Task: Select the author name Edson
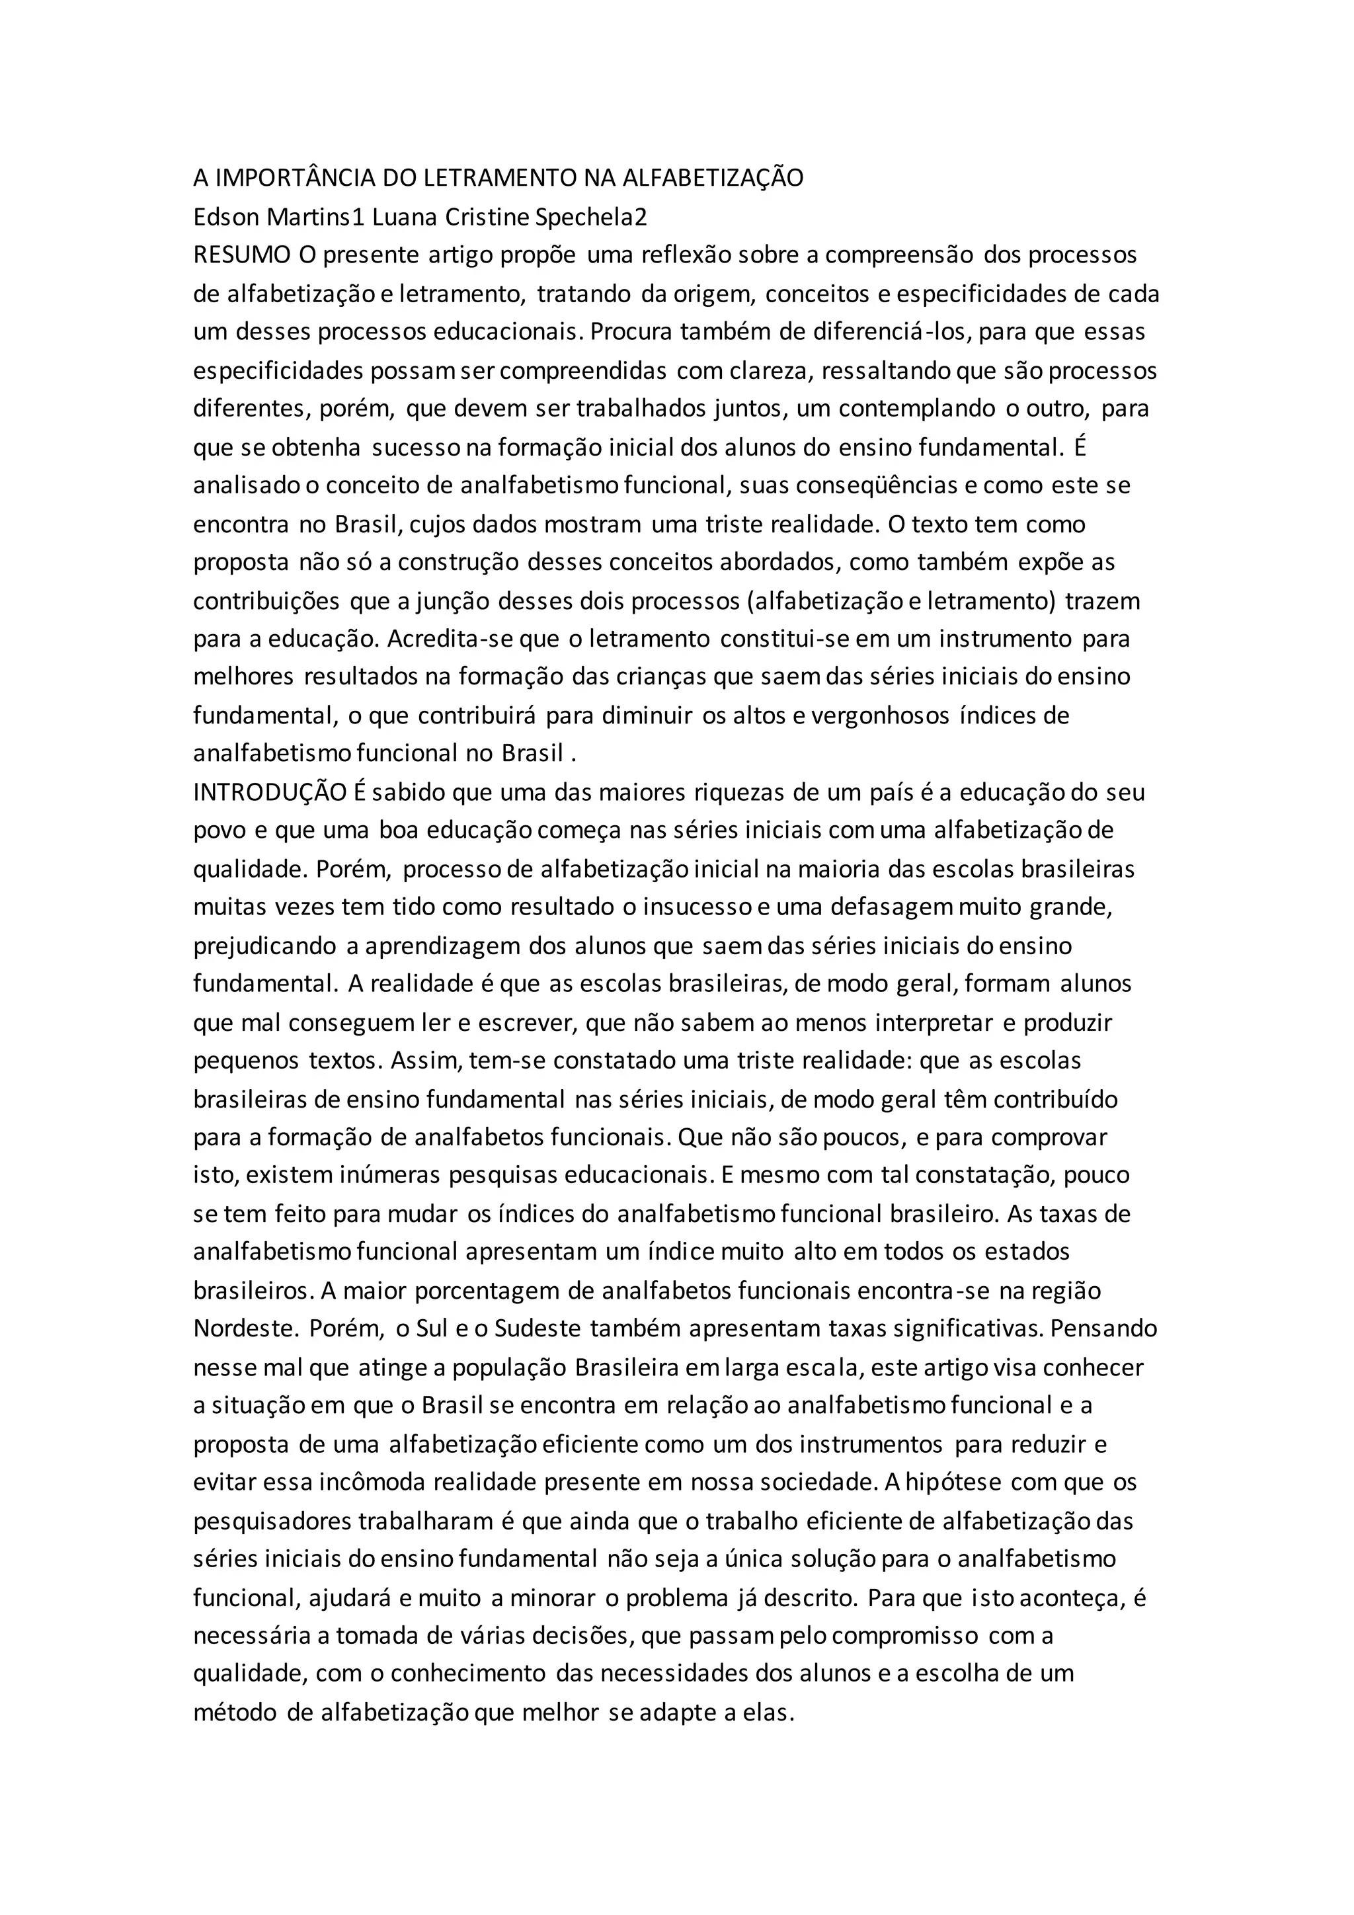tap(227, 217)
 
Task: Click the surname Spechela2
tap(590, 217)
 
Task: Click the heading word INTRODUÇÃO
tap(269, 792)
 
